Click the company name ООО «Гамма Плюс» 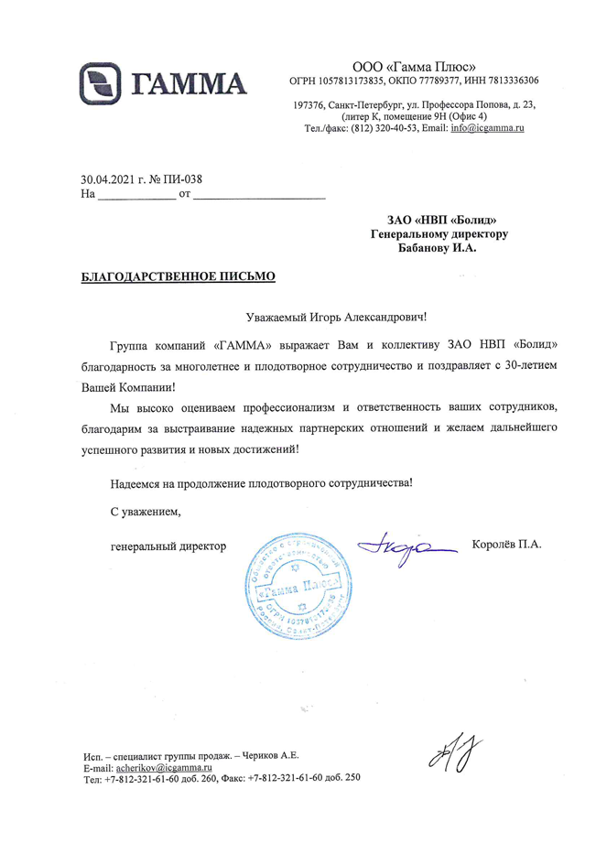(x=414, y=66)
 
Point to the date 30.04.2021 (x=105, y=179)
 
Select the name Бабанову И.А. (x=438, y=247)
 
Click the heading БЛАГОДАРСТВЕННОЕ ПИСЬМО (x=177, y=275)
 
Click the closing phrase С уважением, (x=139, y=511)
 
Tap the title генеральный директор (x=167, y=546)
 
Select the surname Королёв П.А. (x=507, y=545)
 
